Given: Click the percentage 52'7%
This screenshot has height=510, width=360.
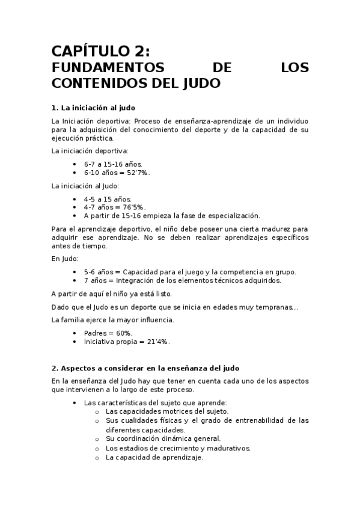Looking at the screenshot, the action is [x=136, y=173].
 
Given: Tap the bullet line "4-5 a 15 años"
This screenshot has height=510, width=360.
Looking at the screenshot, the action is [x=108, y=198].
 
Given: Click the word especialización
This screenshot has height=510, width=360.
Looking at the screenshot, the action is [x=231, y=215].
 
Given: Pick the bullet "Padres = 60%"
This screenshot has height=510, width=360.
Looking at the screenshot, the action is [x=108, y=333].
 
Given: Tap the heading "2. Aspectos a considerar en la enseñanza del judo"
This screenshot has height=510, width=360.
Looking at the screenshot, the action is [x=145, y=367].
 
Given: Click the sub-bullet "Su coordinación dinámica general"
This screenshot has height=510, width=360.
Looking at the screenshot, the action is [x=163, y=439].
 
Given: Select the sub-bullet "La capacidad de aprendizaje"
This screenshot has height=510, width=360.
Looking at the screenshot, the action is [x=154, y=457].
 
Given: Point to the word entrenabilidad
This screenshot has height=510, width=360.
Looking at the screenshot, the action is [x=249, y=420].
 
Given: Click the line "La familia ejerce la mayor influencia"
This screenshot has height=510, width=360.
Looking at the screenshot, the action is [x=113, y=319].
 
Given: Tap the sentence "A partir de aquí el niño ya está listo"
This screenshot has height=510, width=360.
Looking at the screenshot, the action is [x=112, y=293].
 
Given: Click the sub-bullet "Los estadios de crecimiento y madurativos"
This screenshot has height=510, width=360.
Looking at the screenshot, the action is [x=178, y=448].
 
